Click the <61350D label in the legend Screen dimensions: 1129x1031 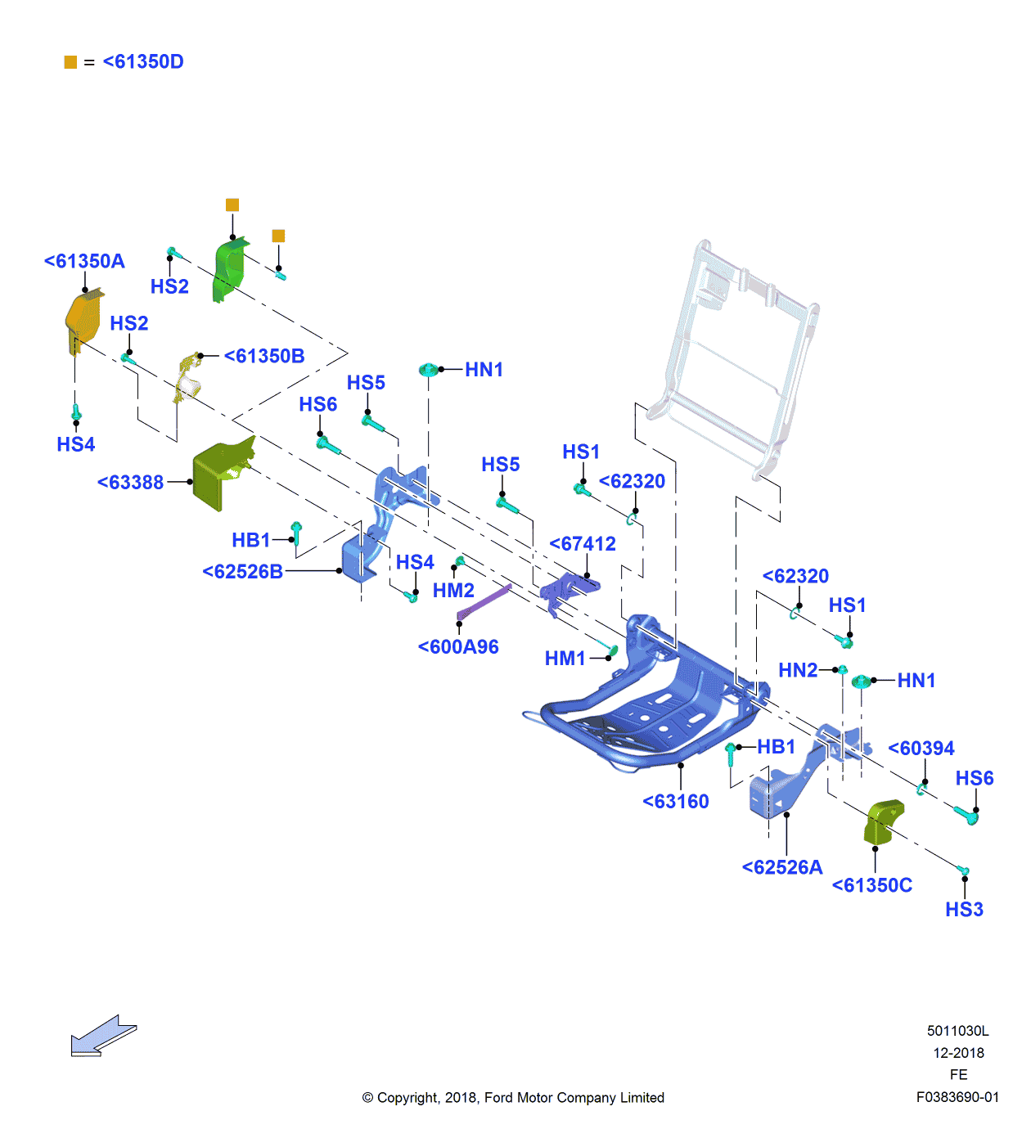[143, 62]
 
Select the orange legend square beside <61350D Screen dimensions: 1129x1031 [70, 62]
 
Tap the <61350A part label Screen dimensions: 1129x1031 [84, 262]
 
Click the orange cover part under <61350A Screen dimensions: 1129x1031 [83, 322]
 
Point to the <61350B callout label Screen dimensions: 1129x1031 [264, 357]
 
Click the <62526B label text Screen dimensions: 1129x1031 [243, 572]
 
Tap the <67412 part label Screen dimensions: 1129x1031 [583, 544]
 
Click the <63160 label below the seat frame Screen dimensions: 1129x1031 [676, 802]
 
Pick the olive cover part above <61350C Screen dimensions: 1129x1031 [883, 821]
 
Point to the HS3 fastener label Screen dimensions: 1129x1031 [964, 910]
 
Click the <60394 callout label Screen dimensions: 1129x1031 [921, 749]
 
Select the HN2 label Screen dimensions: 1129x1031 [798, 671]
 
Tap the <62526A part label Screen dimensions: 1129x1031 [782, 868]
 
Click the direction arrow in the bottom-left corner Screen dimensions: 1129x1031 [103, 1037]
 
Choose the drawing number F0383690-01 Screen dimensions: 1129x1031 [957, 1097]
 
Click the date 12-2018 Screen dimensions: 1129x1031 [958, 1053]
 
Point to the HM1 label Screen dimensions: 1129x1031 [565, 659]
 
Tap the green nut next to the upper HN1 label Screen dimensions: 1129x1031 [429, 371]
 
